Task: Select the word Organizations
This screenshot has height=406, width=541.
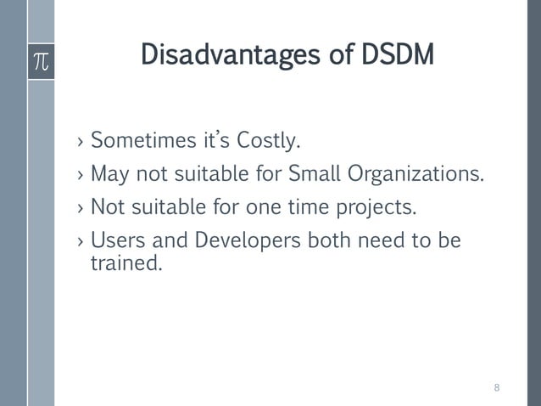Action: click(x=416, y=174)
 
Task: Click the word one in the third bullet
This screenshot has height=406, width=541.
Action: click(x=268, y=207)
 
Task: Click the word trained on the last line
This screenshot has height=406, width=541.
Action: click(x=125, y=263)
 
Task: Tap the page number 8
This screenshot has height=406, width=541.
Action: click(x=497, y=388)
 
